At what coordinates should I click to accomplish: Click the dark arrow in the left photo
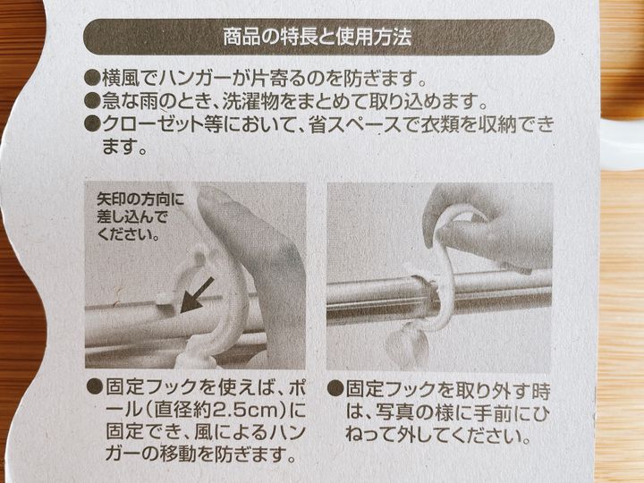tap(197, 295)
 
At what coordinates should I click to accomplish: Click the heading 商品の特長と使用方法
tap(317, 37)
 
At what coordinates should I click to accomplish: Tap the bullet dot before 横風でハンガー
tap(92, 77)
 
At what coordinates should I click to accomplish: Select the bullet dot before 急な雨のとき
tap(92, 100)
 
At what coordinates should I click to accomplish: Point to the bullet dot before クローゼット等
tap(92, 123)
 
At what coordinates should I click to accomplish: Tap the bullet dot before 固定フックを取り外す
tap(335, 387)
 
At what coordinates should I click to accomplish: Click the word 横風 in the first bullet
tap(121, 78)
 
